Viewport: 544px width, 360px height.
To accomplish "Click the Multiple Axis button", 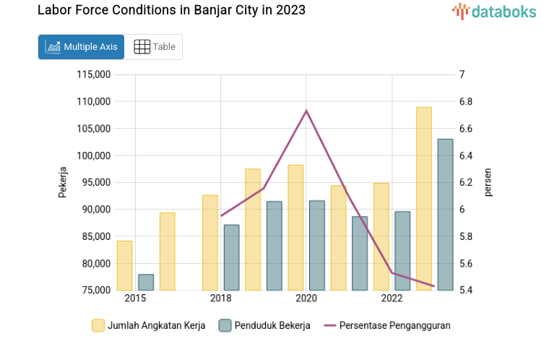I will click(81, 47).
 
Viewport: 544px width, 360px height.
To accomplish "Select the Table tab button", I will click(155, 47).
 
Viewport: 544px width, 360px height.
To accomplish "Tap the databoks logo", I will click(495, 11).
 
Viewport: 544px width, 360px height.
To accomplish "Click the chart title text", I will click(171, 10).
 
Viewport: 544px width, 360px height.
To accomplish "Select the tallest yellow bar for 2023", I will click(423, 199).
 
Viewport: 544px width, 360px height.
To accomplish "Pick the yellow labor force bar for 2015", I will click(125, 265).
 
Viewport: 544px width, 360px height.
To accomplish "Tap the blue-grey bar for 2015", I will click(146, 282).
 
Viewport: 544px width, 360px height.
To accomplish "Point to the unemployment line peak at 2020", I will click(306, 111).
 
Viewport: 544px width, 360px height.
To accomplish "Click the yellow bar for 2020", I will click(295, 228).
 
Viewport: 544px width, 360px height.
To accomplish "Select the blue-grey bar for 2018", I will click(231, 257).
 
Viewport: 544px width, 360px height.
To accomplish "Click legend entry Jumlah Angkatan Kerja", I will click(149, 325).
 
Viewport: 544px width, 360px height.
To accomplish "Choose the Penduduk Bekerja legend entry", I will click(264, 325).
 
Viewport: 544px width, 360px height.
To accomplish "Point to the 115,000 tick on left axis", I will click(92, 74).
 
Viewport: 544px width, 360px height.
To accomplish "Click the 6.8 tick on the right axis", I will click(465, 101).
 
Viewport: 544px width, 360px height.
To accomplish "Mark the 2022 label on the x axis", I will click(392, 299).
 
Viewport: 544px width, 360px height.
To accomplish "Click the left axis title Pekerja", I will click(63, 182).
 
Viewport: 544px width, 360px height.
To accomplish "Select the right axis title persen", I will click(488, 182).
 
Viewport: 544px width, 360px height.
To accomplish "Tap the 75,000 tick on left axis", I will click(95, 291).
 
